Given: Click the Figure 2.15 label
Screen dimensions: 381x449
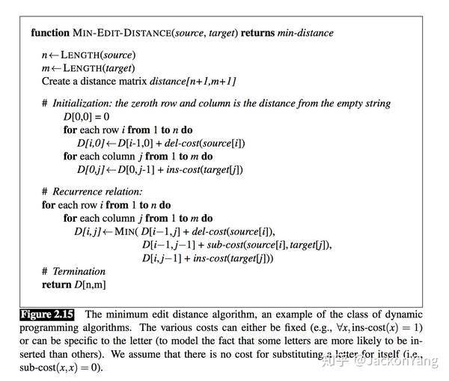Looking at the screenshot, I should point(47,314).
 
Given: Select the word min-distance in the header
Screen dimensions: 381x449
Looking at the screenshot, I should point(305,33).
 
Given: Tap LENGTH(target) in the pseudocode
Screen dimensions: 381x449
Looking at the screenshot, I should point(94,68).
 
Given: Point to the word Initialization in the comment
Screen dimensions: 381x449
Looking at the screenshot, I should point(83,103).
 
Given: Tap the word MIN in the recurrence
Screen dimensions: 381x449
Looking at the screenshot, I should point(126,231).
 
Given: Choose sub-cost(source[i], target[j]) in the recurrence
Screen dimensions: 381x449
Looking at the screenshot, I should point(266,245).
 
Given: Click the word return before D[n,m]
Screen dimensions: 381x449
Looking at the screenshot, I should point(58,284).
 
